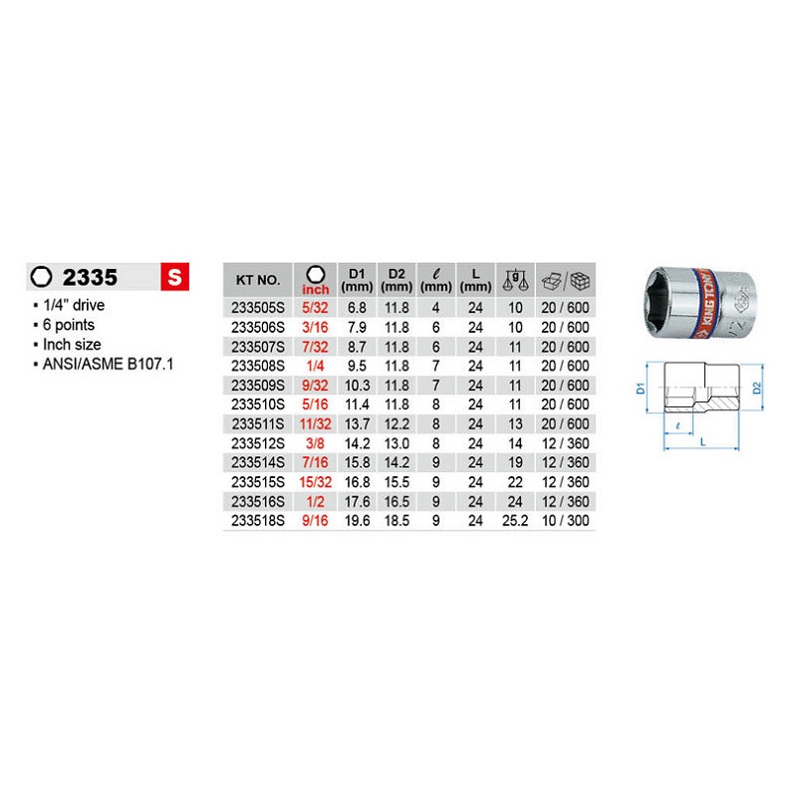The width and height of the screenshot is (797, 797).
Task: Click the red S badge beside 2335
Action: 175,277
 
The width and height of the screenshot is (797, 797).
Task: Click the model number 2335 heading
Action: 90,278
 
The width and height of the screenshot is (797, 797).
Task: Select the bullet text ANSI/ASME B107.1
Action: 109,364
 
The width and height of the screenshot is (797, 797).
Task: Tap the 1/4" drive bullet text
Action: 74,305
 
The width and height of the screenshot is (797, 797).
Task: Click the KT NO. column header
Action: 258,280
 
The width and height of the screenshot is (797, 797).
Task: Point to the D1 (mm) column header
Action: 357,280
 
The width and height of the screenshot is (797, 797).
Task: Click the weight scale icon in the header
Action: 515,280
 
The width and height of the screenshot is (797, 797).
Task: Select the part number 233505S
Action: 258,308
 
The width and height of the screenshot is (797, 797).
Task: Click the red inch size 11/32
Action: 315,424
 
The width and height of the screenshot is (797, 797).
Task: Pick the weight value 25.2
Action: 515,520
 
